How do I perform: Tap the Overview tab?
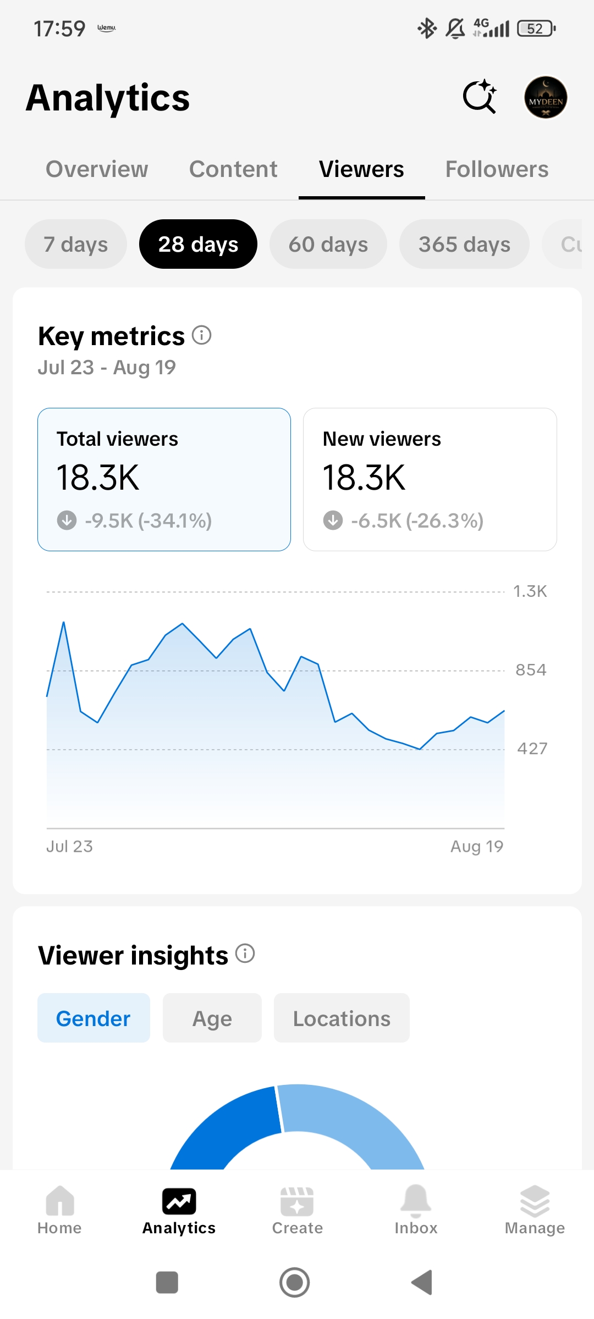click(97, 169)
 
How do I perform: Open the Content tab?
click(233, 169)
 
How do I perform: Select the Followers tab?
click(497, 169)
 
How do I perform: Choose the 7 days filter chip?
click(76, 244)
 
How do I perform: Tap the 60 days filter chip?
click(328, 244)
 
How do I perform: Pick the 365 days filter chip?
click(464, 244)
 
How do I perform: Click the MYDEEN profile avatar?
click(546, 98)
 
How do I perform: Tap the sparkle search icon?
click(480, 97)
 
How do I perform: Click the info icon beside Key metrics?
click(202, 335)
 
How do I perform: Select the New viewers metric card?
click(430, 479)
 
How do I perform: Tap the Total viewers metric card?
click(164, 479)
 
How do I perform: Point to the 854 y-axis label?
click(531, 670)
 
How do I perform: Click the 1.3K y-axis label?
click(530, 591)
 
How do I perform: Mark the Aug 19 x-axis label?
click(477, 846)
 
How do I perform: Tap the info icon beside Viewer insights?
click(245, 954)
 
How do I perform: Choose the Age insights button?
click(212, 1018)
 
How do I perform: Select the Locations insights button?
click(342, 1018)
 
